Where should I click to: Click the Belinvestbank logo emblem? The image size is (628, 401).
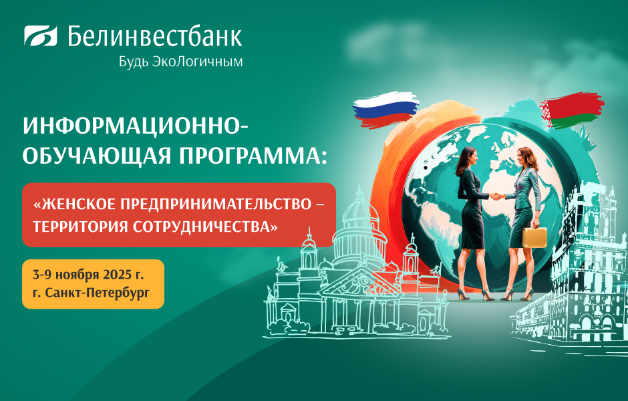[41, 35]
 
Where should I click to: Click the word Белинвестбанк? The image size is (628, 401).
[154, 36]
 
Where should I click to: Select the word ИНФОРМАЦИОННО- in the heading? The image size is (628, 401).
[136, 126]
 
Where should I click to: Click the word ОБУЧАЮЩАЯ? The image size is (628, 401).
[97, 156]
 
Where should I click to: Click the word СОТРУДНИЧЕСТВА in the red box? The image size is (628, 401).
[205, 227]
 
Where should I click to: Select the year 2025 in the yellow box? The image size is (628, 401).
[118, 275]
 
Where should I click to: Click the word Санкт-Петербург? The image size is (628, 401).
[98, 293]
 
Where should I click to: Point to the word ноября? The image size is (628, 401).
[77, 275]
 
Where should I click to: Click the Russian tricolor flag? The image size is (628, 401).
[385, 109]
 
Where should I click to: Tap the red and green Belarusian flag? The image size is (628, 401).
[572, 110]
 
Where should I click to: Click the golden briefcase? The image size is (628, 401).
[534, 237]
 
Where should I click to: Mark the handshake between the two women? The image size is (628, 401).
[497, 196]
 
